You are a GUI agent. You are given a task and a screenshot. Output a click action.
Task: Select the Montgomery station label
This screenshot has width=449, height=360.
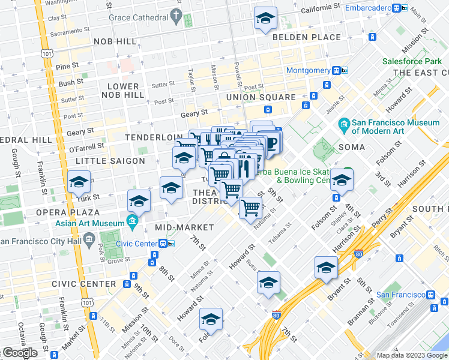[x=308, y=70]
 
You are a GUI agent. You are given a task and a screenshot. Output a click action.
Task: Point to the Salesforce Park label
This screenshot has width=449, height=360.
[x=412, y=61]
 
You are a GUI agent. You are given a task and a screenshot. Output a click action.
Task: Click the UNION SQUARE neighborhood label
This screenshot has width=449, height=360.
[x=261, y=97]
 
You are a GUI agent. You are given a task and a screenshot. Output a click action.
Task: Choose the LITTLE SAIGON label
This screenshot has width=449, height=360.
[x=110, y=161]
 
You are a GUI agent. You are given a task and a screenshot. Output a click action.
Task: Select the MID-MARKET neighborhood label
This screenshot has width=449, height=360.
[x=184, y=227]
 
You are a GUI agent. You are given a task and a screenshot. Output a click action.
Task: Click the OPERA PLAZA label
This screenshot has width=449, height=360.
[x=68, y=212]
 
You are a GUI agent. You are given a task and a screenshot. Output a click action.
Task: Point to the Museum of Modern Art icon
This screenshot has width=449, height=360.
[x=345, y=126]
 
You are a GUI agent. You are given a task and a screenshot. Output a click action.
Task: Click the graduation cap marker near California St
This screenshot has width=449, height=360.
[x=265, y=19]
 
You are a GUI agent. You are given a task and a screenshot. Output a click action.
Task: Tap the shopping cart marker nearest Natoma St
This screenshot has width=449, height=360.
[x=250, y=208]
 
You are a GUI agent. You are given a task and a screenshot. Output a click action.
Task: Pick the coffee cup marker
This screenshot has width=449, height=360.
[x=271, y=143]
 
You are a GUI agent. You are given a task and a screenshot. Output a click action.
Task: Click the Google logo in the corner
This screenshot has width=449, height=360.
[x=20, y=353]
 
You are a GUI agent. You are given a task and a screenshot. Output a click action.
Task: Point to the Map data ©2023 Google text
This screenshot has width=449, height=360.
[x=411, y=355]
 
